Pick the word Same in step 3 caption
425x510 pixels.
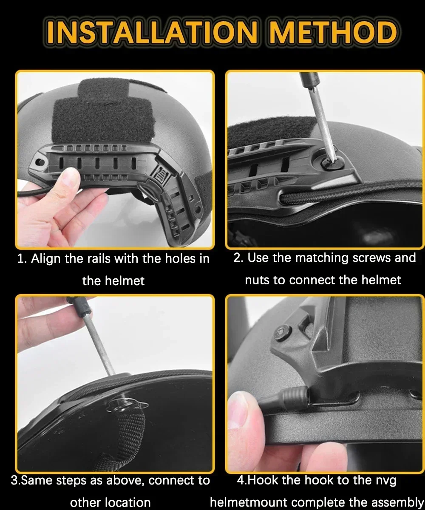[36, 481]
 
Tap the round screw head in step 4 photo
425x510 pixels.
[281, 334]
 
